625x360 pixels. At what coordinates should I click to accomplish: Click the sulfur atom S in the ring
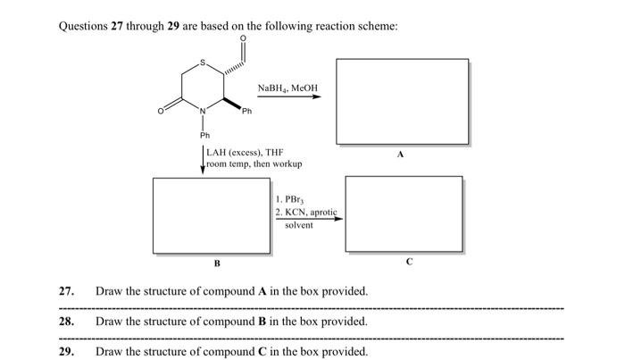click(204, 63)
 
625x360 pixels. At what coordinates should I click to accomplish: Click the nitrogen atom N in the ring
click(203, 110)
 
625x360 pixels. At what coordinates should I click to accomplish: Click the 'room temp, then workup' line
click(254, 164)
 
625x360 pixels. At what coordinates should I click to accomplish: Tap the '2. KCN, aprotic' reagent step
click(307, 212)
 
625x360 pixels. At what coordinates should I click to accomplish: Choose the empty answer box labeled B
click(215, 214)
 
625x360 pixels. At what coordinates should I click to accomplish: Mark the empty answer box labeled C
click(404, 214)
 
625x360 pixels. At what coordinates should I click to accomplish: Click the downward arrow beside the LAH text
click(203, 160)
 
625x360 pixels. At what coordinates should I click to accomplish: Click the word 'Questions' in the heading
click(84, 26)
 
